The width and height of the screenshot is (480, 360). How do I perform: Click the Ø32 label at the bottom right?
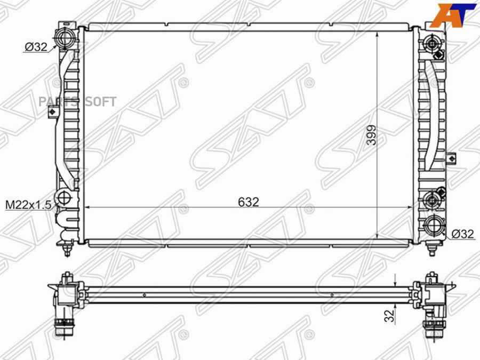point(463,234)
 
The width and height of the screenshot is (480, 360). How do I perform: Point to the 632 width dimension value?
point(249,202)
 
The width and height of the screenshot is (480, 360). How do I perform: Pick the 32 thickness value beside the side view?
point(391,315)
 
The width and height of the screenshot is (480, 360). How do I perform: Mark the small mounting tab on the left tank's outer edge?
point(52,112)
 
